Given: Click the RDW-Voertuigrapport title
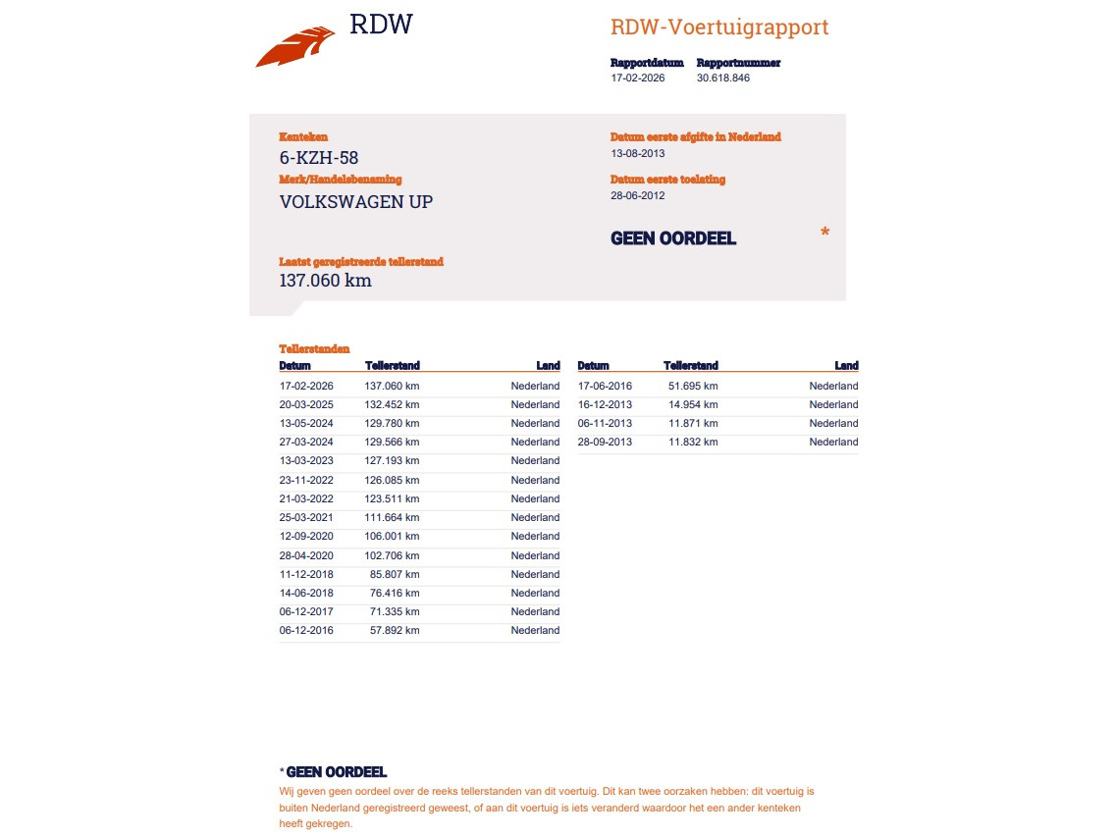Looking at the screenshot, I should [x=719, y=27].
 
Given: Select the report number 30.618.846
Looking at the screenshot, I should [x=723, y=78].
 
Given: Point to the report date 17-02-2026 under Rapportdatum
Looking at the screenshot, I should [x=637, y=78].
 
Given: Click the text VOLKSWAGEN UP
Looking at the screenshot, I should [x=356, y=202].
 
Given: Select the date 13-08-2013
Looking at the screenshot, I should [x=637, y=153].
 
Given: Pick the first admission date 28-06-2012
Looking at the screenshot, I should [x=637, y=195].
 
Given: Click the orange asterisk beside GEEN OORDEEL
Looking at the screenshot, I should [x=824, y=233].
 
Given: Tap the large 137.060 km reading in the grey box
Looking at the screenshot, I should [x=326, y=281].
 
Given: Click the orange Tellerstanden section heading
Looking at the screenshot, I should [x=314, y=348].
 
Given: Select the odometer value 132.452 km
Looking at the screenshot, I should [x=392, y=404].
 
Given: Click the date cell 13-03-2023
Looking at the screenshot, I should [x=306, y=460].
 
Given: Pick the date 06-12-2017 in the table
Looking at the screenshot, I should [x=306, y=611].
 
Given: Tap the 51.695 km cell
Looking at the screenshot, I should [x=693, y=386].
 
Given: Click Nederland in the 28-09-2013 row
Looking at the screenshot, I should [x=833, y=442].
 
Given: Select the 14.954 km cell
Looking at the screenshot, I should [x=693, y=404].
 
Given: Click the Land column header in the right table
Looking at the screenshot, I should [x=846, y=366].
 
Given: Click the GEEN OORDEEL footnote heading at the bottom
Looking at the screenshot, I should [x=336, y=772].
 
